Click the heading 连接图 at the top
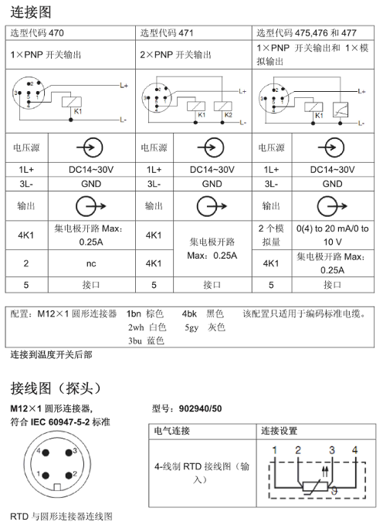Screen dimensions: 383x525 point(32,12)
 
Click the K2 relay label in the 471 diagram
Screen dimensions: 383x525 point(229,115)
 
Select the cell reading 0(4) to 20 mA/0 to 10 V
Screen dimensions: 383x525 point(332,235)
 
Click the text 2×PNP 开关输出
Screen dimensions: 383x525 point(177,55)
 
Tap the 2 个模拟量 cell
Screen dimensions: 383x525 point(272,235)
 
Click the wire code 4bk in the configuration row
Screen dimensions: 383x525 point(189,314)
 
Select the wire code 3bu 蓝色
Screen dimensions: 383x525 point(147,340)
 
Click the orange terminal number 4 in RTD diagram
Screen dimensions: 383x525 point(354,449)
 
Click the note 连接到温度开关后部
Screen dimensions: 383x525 point(51,354)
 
